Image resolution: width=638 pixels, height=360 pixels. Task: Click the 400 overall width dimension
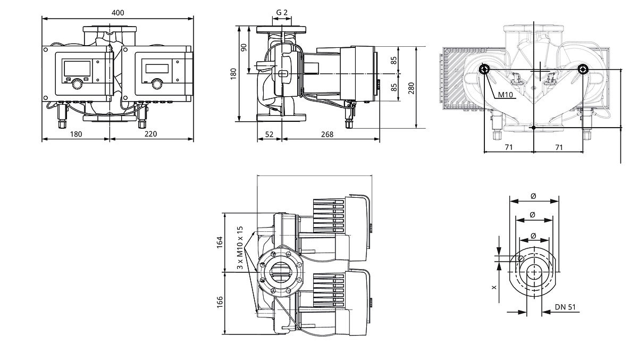(x=117, y=13)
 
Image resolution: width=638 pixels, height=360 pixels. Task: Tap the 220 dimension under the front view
(x=150, y=134)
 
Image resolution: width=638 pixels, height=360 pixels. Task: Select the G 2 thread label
(x=282, y=13)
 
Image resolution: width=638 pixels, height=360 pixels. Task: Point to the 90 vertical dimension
(x=244, y=47)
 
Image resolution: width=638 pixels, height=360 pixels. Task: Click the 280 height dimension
(x=411, y=88)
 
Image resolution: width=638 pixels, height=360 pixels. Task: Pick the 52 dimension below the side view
(x=269, y=134)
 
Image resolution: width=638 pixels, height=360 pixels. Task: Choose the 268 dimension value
(x=327, y=134)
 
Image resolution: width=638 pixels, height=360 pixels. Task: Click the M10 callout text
(x=505, y=95)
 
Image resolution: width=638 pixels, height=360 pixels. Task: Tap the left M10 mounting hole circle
(x=484, y=69)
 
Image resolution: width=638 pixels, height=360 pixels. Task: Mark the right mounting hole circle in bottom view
(x=583, y=69)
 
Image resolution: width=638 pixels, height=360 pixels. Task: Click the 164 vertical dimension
(x=219, y=242)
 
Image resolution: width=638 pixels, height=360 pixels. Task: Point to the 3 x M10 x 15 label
(x=240, y=248)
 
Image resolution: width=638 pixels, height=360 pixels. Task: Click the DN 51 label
(x=565, y=307)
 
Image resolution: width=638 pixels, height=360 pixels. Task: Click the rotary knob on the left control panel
(x=77, y=85)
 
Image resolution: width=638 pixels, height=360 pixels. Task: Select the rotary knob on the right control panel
(x=157, y=85)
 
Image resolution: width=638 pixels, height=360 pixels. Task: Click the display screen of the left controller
(x=77, y=69)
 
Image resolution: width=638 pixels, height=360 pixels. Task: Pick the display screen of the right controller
(x=157, y=69)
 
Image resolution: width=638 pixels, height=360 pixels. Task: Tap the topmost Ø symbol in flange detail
(x=533, y=196)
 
